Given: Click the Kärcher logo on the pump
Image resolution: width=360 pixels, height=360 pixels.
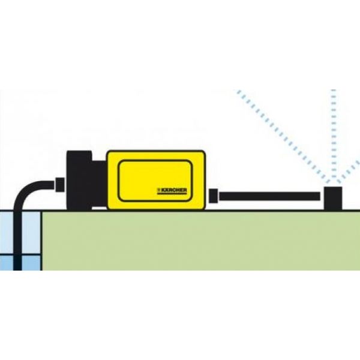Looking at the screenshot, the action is click(172, 191).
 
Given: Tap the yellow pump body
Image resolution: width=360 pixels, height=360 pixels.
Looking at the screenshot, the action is click(156, 180).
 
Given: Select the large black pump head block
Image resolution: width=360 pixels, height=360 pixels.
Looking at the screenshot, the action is click(79, 180).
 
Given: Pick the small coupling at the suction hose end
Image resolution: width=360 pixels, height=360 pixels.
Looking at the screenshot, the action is click(60, 184).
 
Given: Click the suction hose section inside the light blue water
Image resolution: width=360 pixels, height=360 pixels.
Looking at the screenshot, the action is click(17, 233).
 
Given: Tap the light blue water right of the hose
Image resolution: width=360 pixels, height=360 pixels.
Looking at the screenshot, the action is click(31, 233).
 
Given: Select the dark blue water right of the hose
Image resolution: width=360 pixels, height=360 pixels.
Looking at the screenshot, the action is click(31, 263).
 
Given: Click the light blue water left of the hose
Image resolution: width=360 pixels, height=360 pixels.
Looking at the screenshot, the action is click(7, 233).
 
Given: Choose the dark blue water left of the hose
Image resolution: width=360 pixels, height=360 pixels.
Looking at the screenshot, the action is click(7, 263).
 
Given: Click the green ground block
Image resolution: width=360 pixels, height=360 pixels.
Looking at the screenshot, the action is click(200, 241).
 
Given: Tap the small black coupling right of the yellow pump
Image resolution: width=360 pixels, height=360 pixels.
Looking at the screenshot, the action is click(214, 196).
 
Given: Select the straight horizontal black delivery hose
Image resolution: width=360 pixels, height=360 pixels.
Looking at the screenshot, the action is click(269, 196).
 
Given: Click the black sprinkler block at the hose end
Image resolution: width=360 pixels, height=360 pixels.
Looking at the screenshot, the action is click(333, 199).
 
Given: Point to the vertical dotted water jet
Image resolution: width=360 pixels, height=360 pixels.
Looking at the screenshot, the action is click(334, 136).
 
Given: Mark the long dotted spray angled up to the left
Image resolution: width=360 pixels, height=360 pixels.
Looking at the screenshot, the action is click(282, 136).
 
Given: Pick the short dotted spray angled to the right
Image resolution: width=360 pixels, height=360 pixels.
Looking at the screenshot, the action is click(349, 172).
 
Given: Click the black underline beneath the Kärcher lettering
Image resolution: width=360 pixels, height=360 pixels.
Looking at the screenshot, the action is click(172, 194).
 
